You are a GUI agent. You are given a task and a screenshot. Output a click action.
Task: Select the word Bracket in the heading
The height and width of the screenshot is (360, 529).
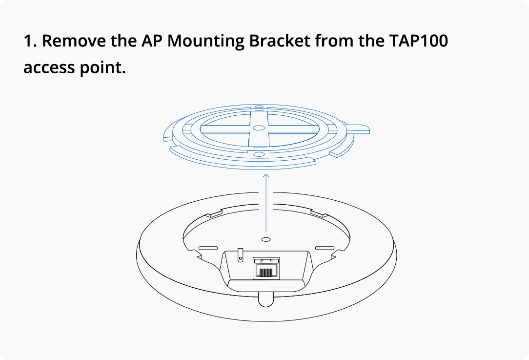pyautogui.click(x=279, y=41)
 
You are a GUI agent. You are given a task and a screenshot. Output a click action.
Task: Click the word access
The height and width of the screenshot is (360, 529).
pyautogui.click(x=48, y=67)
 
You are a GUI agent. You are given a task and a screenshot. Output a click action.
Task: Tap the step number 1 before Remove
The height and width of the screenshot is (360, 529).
pyautogui.click(x=29, y=41)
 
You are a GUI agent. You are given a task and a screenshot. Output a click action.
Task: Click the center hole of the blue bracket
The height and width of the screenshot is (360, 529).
pyautogui.click(x=259, y=127)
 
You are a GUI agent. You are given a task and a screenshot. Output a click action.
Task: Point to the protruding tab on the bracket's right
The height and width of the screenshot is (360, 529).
pyautogui.click(x=358, y=129)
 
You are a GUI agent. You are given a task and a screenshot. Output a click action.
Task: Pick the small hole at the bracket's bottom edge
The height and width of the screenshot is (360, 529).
pyautogui.click(x=259, y=154)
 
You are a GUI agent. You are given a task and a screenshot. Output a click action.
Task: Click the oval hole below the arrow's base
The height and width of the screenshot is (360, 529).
pyautogui.click(x=266, y=239)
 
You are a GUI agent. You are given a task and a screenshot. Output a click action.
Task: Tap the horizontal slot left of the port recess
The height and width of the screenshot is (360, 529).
pyautogui.click(x=208, y=248)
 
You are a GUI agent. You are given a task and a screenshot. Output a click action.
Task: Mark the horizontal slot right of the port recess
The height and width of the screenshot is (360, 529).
pyautogui.click(x=325, y=248)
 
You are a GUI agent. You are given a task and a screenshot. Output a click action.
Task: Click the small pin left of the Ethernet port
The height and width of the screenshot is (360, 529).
pyautogui.click(x=239, y=254)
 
